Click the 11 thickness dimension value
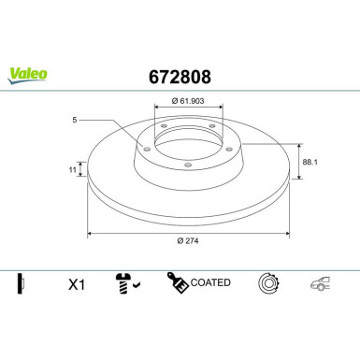71,170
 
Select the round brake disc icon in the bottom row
268,281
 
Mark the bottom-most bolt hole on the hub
187,166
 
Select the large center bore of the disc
187,138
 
